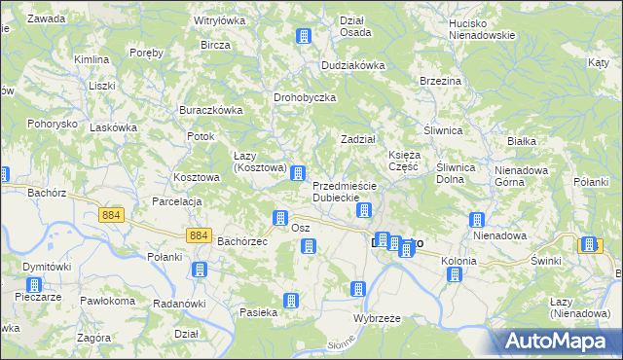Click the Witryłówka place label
click(x=220, y=19)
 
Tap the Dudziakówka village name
click(x=354, y=65)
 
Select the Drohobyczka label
click(x=305, y=98)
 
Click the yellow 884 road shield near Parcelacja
click(x=111, y=214)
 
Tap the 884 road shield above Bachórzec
click(x=200, y=234)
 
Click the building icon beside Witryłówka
click(x=303, y=37)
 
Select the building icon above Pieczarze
click(x=34, y=286)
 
